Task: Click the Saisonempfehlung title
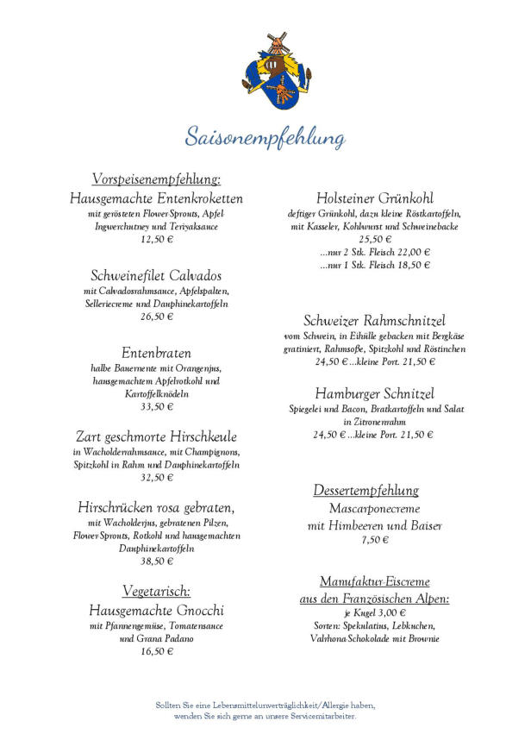pyautogui.click(x=265, y=137)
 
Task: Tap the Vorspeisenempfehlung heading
pyautogui.click(x=156, y=179)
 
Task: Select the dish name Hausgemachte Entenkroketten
pyautogui.click(x=156, y=198)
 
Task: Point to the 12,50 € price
pyautogui.click(x=156, y=239)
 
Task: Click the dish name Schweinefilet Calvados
pyautogui.click(x=156, y=276)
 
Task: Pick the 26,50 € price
pyautogui.click(x=156, y=317)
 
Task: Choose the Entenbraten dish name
pyautogui.click(x=156, y=354)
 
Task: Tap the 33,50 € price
pyautogui.click(x=156, y=406)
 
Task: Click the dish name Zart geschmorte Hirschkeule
pyautogui.click(x=156, y=436)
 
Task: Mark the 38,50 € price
pyautogui.click(x=156, y=561)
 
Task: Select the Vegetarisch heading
pyautogui.click(x=156, y=592)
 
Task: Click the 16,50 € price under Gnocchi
pyautogui.click(x=156, y=651)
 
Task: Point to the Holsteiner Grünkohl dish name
pyautogui.click(x=374, y=198)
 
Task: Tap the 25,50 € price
pyautogui.click(x=374, y=239)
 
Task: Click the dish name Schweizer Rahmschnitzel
pyautogui.click(x=374, y=321)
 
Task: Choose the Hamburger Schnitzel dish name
pyautogui.click(x=374, y=393)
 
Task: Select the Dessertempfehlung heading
pyautogui.click(x=365, y=491)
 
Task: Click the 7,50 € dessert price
pyautogui.click(x=374, y=540)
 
